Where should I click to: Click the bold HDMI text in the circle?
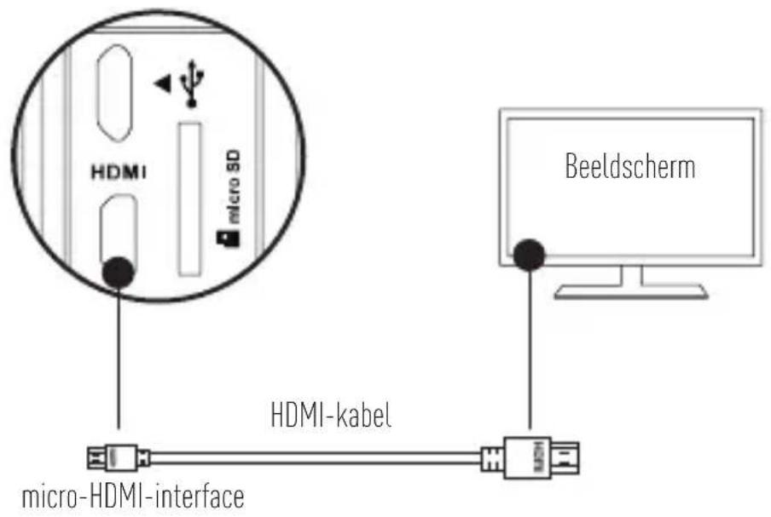117,172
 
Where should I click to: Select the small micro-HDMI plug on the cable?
119,458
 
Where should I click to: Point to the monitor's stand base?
630,291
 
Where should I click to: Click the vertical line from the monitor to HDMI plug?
530,349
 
